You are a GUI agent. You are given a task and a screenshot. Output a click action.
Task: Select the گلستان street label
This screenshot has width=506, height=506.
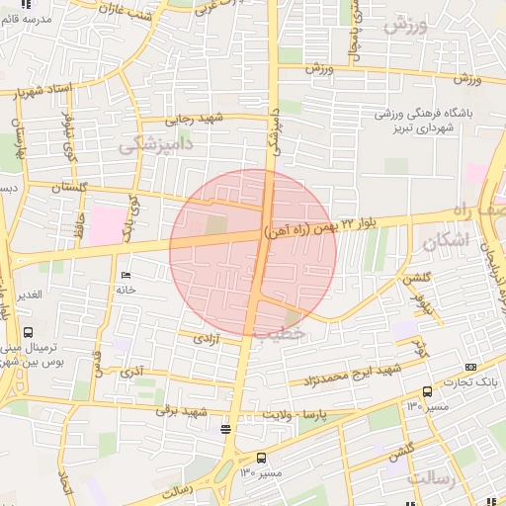[x=69, y=187]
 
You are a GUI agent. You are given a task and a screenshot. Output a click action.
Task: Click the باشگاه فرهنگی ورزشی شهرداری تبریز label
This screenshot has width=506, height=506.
[x=423, y=121]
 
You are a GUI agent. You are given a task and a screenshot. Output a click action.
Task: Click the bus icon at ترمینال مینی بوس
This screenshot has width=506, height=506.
[x=28, y=333]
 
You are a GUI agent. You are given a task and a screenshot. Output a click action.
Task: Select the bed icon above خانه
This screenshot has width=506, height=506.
[x=125, y=275]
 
